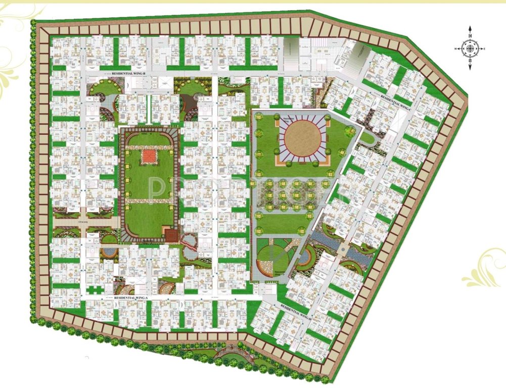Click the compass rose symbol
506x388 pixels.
click(470, 48)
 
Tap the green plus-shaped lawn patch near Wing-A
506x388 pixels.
click(95, 290)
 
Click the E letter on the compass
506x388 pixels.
click(484, 49)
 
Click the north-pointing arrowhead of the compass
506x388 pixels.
click(470, 30)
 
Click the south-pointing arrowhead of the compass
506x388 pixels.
click(470, 68)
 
